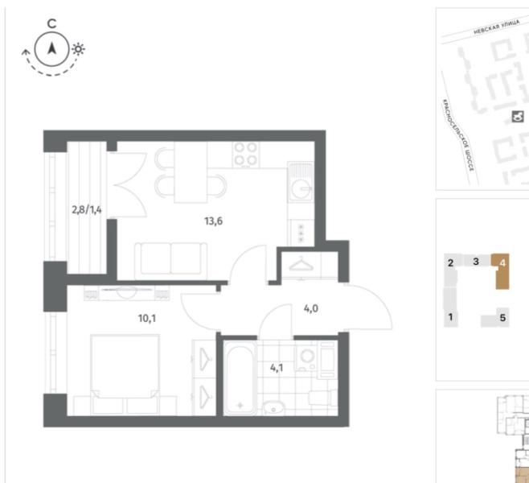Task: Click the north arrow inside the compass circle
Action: click(x=51, y=48)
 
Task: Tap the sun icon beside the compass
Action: click(x=78, y=49)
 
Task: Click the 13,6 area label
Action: click(x=213, y=221)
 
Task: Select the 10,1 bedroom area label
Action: click(x=147, y=318)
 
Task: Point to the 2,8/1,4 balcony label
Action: click(x=87, y=210)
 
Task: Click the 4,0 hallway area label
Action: click(x=310, y=308)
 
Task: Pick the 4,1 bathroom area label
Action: click(x=277, y=368)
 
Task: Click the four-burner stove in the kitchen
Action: click(x=246, y=155)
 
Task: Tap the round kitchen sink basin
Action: click(x=301, y=187)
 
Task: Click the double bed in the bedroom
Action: click(x=125, y=374)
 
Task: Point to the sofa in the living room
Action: click(x=170, y=261)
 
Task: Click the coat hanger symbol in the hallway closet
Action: click(x=301, y=264)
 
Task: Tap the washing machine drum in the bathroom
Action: click(x=307, y=357)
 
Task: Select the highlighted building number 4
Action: click(x=502, y=262)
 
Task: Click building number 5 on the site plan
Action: click(x=502, y=318)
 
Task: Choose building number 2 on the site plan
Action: click(x=450, y=262)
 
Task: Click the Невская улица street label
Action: click(x=496, y=27)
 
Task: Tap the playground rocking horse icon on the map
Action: click(x=518, y=117)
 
